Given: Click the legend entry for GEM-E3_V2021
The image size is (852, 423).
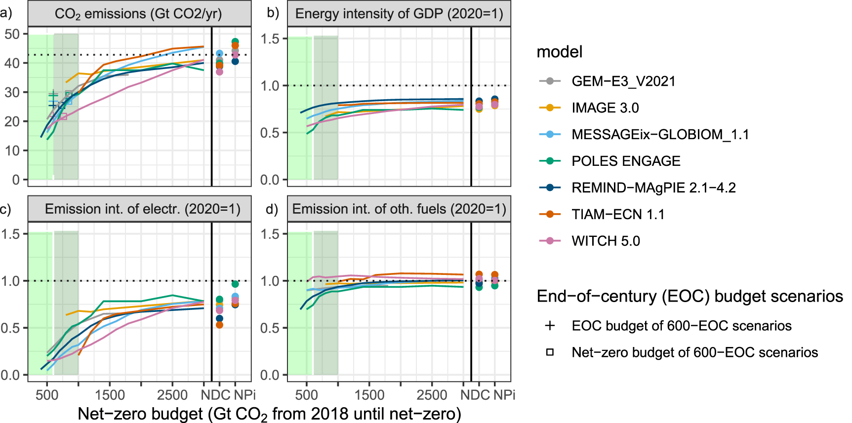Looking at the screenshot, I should click(x=623, y=81).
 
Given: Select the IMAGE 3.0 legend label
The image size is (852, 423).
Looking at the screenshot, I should click(x=605, y=108).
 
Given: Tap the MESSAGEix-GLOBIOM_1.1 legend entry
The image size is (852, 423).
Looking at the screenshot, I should click(x=660, y=134).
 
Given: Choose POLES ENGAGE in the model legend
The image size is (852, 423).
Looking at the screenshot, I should click(x=626, y=161).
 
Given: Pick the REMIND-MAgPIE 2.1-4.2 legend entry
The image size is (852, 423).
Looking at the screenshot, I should click(x=653, y=188).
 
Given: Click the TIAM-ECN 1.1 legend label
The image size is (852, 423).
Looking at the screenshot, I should click(x=618, y=214).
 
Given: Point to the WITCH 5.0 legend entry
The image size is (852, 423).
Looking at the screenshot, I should click(x=606, y=241).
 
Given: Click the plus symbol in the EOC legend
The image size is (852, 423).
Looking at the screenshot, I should click(x=550, y=326).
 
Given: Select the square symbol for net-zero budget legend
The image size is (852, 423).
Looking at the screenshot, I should click(x=550, y=352).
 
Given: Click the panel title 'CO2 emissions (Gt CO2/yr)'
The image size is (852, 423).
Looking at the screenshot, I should click(x=138, y=14).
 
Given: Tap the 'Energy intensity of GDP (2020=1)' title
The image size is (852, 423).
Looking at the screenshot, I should click(x=399, y=14).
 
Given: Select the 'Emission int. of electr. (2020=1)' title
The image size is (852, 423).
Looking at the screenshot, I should click(x=142, y=209).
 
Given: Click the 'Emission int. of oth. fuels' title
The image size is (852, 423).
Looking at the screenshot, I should click(x=399, y=209).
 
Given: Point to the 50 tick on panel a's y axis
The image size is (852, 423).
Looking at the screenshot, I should click(x=12, y=34).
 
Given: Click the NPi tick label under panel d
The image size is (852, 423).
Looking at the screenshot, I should click(x=504, y=395).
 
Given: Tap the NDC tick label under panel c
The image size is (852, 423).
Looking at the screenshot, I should click(x=216, y=395).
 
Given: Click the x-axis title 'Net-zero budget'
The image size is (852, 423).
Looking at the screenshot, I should click(x=269, y=414).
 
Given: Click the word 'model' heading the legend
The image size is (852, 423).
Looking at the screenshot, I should click(x=560, y=52).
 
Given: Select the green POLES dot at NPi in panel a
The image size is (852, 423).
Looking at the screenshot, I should click(x=235, y=42).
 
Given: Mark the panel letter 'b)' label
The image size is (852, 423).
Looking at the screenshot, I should click(x=273, y=13).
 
